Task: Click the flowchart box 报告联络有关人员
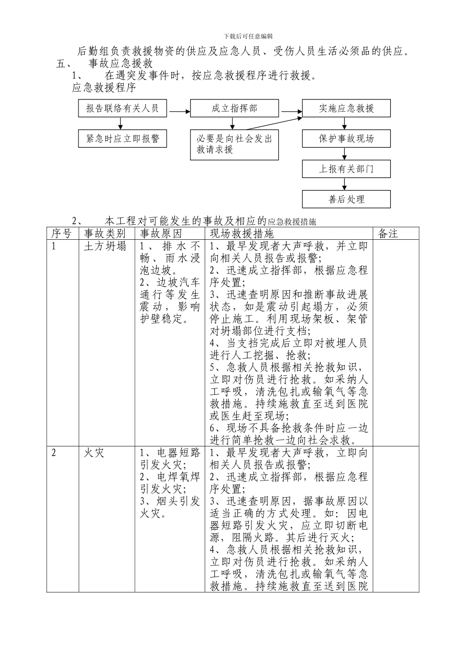click(122, 109)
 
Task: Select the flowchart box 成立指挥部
click(234, 109)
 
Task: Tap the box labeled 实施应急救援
click(347, 109)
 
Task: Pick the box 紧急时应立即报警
click(122, 138)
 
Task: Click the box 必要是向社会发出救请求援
click(234, 144)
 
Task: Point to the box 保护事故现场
click(347, 138)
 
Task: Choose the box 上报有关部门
click(347, 169)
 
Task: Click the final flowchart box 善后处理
click(347, 199)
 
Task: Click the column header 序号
click(62, 233)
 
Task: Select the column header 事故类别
click(105, 233)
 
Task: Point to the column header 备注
click(388, 233)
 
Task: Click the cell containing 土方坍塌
click(105, 246)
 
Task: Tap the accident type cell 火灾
click(94, 453)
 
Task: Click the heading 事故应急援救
click(121, 64)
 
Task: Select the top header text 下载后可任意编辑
click(248, 36)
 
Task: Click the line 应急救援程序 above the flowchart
click(104, 88)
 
